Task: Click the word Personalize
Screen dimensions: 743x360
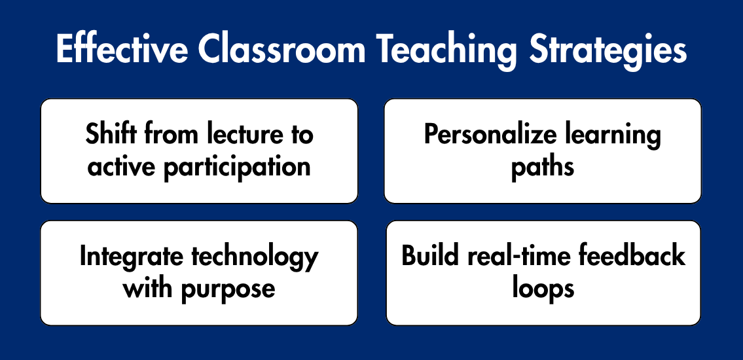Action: [490, 135]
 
